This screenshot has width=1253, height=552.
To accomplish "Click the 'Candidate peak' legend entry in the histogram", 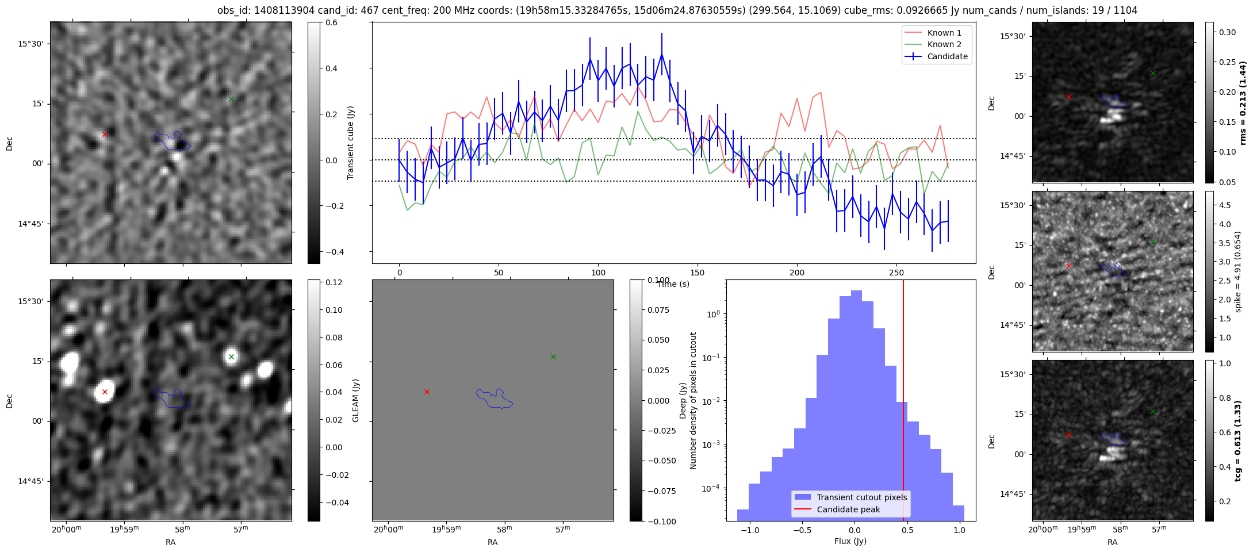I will [x=848, y=509].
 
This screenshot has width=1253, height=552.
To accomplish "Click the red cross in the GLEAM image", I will [x=105, y=392].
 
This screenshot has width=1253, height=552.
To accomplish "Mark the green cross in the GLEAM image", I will [x=231, y=356].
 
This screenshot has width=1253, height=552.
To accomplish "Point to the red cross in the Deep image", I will [x=427, y=392].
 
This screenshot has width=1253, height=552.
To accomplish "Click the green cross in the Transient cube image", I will [x=231, y=99].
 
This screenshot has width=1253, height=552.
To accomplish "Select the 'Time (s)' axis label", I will [x=673, y=284].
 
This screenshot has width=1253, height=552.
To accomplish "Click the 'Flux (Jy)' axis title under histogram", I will [x=850, y=541].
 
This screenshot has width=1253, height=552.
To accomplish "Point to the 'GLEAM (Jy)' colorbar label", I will [x=355, y=401].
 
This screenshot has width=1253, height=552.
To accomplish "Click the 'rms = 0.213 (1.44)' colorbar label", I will [x=1243, y=103].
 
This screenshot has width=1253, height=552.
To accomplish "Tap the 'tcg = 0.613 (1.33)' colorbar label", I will [x=1243, y=441].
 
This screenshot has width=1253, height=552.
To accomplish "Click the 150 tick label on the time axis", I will [x=698, y=273].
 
